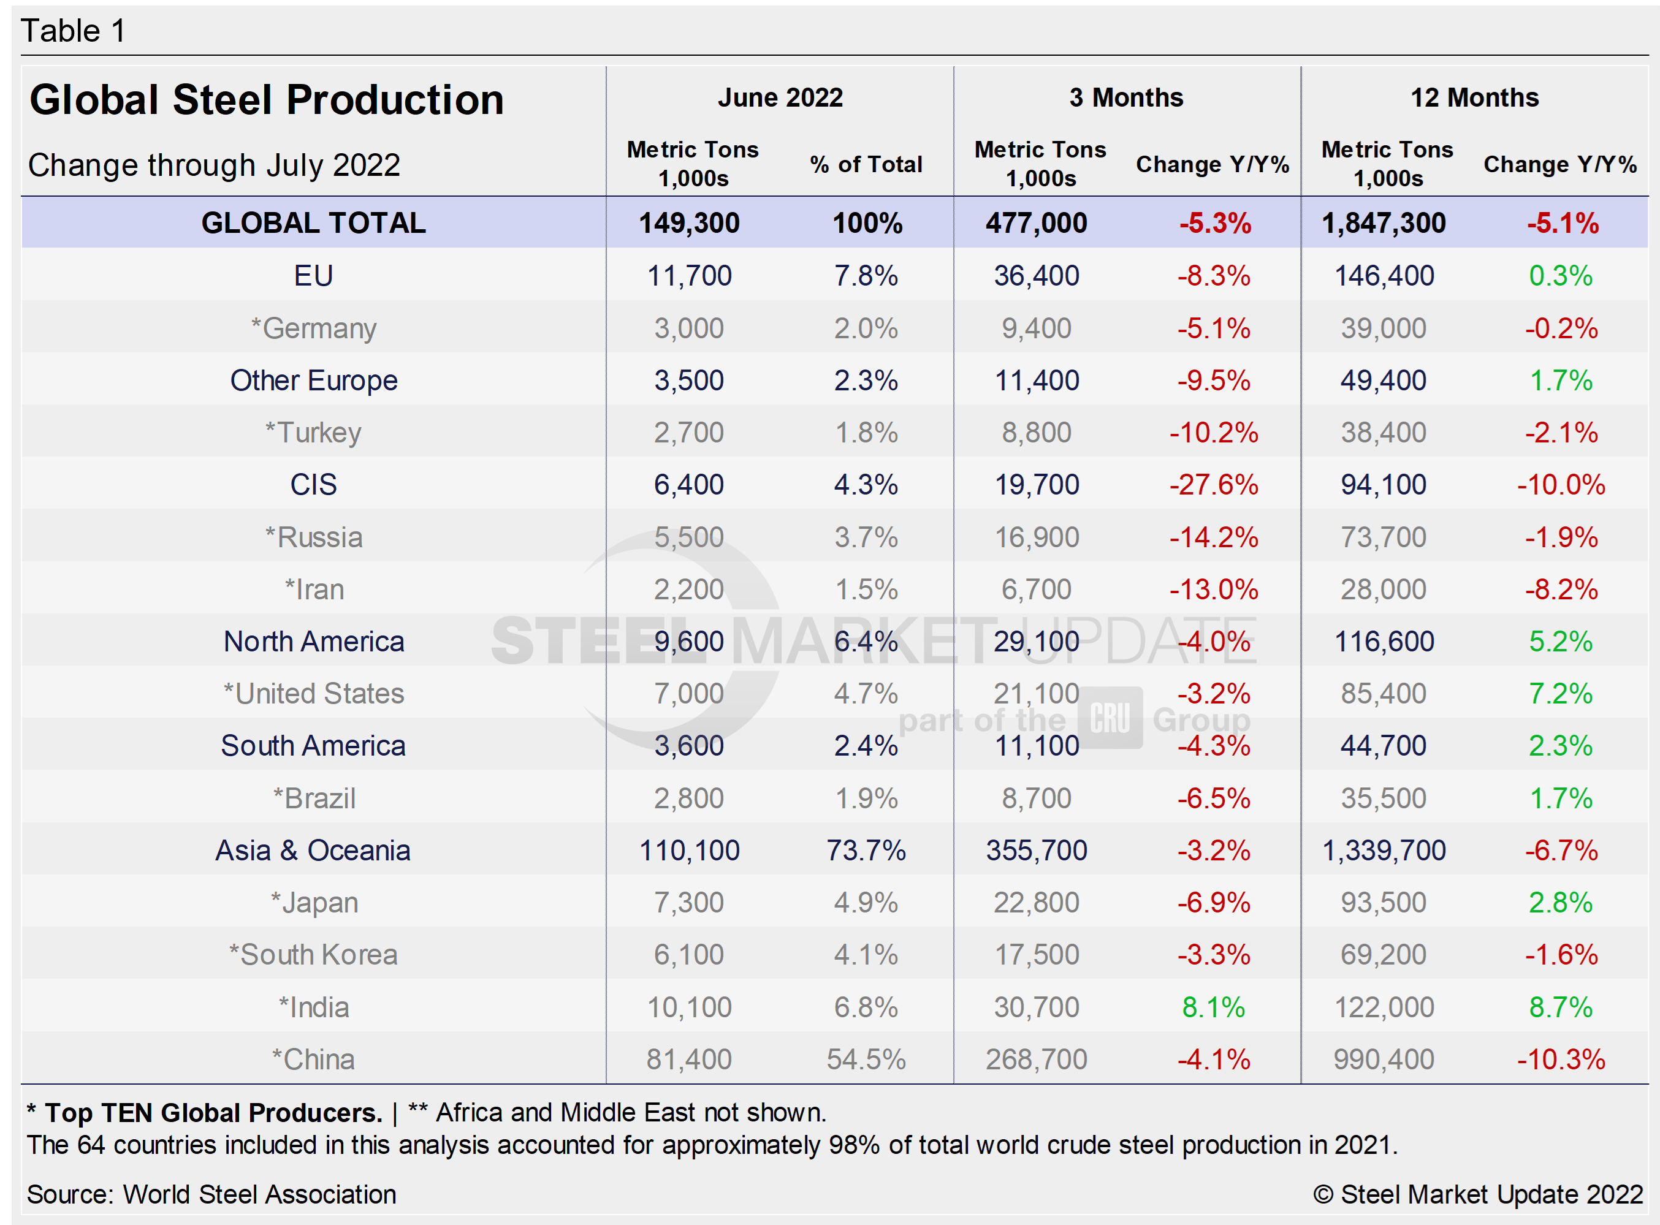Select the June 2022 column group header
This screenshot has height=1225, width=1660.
click(x=780, y=97)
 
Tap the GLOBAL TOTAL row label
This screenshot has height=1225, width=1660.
click(x=313, y=222)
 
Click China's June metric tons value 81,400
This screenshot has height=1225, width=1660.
click(x=688, y=1059)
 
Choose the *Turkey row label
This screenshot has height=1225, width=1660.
click(x=313, y=432)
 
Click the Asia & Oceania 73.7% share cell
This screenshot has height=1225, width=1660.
click(x=866, y=850)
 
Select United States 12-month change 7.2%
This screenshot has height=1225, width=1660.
click(x=1560, y=693)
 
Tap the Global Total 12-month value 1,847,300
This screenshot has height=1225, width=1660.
click(x=1384, y=222)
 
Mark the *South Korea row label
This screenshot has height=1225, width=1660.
click(x=313, y=954)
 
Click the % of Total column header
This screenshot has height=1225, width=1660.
click(x=866, y=164)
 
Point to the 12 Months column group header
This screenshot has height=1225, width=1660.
click(x=1474, y=97)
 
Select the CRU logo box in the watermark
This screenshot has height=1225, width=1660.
click(x=1110, y=718)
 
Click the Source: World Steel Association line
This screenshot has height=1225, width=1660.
click(x=211, y=1194)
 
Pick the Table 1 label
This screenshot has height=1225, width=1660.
click(x=73, y=31)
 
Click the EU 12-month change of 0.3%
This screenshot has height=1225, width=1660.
click(x=1560, y=275)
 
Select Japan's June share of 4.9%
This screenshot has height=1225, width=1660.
click(x=866, y=903)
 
